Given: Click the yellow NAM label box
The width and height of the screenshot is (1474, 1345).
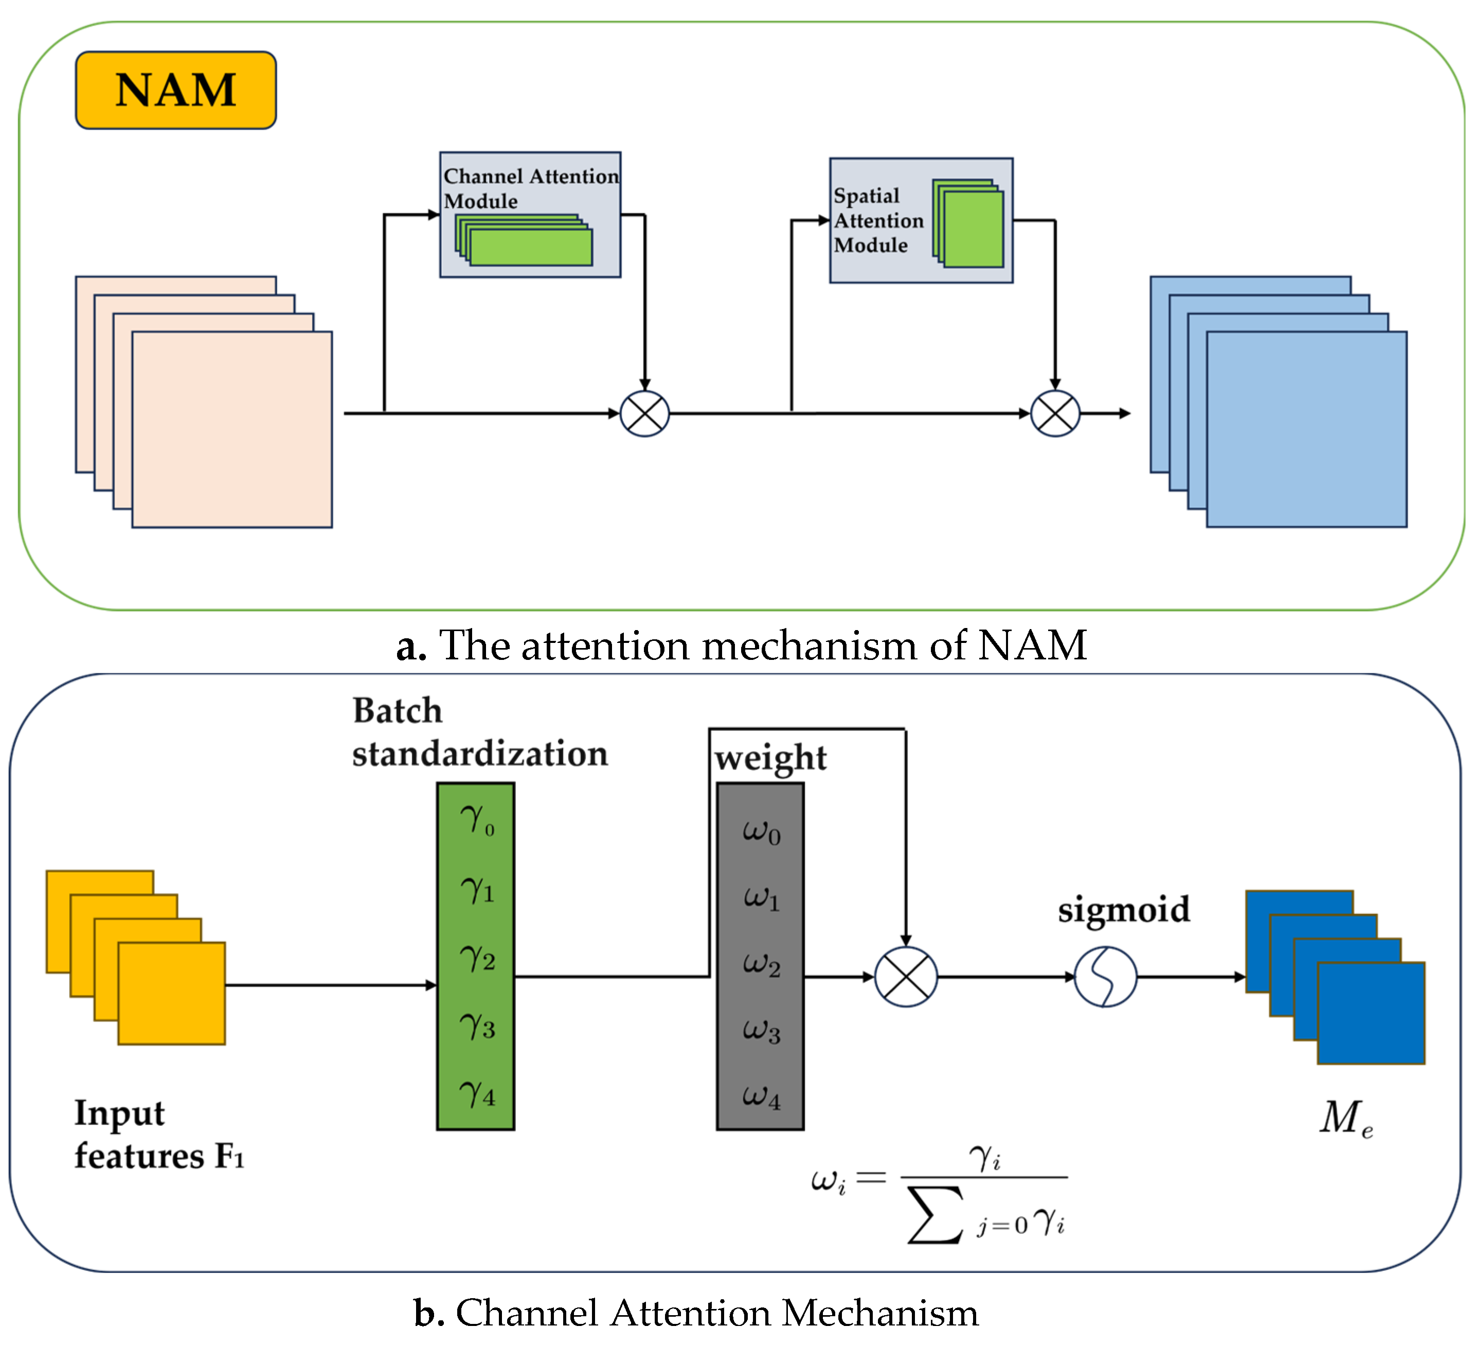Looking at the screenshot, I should coord(175,90).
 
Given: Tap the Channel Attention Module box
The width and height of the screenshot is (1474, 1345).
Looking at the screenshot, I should coord(530,214).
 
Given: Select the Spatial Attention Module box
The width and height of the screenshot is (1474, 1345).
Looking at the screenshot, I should coord(921,220).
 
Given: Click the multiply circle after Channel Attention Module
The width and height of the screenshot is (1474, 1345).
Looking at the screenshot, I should coord(644,414).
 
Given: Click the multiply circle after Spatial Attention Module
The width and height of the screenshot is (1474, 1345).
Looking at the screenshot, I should coord(1054,414).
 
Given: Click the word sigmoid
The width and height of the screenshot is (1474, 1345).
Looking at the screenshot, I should coord(1123,909).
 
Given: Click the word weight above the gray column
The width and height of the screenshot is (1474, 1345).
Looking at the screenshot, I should coord(770,758).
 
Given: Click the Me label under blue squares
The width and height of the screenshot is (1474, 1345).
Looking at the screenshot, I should coord(1346,1119).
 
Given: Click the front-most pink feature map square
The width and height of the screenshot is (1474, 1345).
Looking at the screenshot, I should coord(232,429).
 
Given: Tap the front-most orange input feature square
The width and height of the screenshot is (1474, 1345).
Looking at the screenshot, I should coord(171,993).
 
